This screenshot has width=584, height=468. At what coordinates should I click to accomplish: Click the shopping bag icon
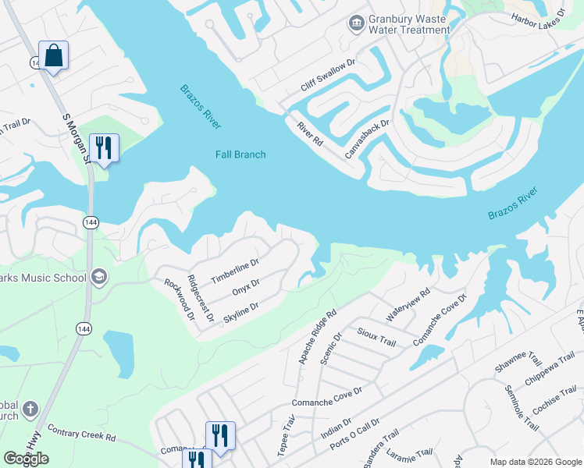point(53,55)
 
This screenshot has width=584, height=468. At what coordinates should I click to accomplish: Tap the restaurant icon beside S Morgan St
point(103,147)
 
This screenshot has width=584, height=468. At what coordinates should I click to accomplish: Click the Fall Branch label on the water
point(240,154)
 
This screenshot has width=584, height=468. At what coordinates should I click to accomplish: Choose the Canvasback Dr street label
point(368,136)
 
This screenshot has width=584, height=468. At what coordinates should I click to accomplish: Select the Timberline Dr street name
point(234,271)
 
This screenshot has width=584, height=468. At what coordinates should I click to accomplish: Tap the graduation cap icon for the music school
point(99,277)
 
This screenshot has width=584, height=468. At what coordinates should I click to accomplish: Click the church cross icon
point(30,409)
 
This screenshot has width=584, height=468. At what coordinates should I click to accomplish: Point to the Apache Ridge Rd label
point(317,337)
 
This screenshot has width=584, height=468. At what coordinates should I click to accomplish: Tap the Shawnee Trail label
point(518,360)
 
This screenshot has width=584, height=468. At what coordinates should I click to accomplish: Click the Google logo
point(26,459)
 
